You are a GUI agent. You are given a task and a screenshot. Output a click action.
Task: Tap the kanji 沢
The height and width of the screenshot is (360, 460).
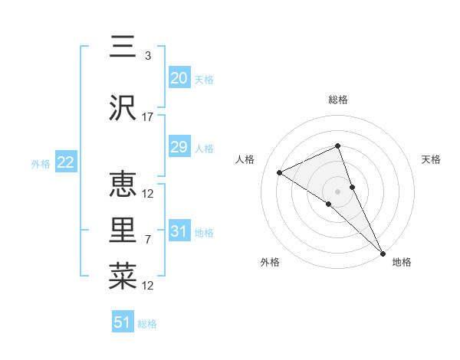click(123, 109)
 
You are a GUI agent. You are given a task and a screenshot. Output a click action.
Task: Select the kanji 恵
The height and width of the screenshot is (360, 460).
click(123, 185)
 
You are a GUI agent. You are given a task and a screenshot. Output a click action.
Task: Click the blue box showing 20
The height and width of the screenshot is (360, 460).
click(179, 78)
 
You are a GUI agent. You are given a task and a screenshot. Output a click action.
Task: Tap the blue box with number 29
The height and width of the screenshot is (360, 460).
click(179, 147)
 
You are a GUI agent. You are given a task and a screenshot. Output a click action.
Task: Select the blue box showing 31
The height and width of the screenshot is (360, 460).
click(179, 231)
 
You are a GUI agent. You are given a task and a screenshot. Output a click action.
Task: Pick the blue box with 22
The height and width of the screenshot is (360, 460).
click(65, 162)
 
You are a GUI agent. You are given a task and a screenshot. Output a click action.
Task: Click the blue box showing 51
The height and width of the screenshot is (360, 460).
click(123, 322)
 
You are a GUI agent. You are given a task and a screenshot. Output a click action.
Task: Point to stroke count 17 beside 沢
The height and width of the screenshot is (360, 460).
click(148, 117)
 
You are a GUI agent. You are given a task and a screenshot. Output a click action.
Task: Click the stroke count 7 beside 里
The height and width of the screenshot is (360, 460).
click(148, 240)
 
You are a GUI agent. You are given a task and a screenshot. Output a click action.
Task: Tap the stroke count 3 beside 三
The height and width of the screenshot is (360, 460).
click(148, 56)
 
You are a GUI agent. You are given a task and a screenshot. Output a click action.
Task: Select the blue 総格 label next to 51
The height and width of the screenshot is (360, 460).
click(147, 324)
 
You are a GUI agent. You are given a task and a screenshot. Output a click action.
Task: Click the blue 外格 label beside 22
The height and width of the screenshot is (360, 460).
click(41, 163)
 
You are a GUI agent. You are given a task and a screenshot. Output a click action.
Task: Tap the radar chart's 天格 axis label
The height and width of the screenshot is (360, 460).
click(431, 159)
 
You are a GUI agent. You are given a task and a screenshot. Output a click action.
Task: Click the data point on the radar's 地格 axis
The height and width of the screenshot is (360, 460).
click(383, 253)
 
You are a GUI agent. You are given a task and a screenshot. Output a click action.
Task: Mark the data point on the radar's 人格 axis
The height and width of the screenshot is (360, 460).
click(280, 172)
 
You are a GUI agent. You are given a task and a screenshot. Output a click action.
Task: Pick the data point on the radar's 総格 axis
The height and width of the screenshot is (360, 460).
click(337, 146)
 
